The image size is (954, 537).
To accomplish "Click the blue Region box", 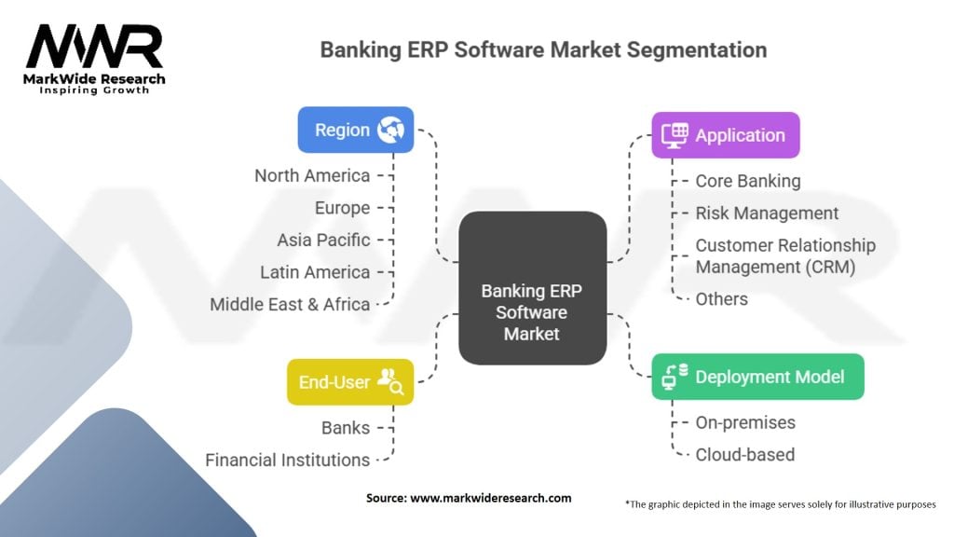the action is [355, 130].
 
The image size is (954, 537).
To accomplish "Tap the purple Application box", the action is [725, 135].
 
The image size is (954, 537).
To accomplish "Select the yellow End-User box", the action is [350, 381].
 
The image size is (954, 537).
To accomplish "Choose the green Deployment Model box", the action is [757, 377].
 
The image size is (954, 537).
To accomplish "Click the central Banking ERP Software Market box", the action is [532, 288].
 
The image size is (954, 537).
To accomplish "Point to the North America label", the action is [312, 175].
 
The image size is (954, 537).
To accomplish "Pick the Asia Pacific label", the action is [323, 240].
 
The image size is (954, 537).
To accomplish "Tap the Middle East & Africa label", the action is [290, 304].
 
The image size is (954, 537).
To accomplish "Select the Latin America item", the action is [315, 272].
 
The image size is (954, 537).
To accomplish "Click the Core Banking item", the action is [748, 181].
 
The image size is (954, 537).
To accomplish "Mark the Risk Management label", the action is [767, 213].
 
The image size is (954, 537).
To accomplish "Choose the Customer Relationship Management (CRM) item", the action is [785, 256].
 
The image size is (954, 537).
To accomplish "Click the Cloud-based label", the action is [744, 455].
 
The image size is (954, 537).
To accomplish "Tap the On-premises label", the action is [745, 422].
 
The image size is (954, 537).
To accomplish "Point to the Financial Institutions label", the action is [287, 460].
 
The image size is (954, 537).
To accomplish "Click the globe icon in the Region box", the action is [390, 129].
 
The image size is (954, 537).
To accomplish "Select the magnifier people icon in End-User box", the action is [390, 381].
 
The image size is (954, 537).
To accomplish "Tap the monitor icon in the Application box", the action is [675, 135].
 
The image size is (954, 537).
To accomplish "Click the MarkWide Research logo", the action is [94, 59].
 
